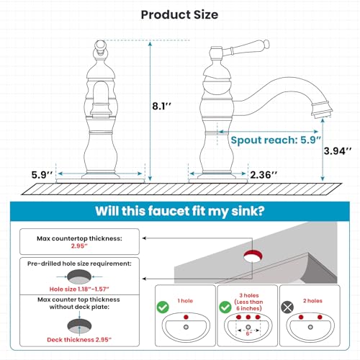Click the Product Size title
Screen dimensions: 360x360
pyautogui.click(x=179, y=14)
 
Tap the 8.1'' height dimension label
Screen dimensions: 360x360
pyautogui.click(x=162, y=106)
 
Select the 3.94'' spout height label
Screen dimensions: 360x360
pyautogui.click(x=338, y=151)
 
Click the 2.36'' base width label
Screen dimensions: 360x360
pyautogui.click(x=264, y=175)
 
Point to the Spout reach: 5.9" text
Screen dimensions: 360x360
pyautogui.click(x=276, y=140)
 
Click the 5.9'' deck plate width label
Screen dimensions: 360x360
pyautogui.click(x=42, y=175)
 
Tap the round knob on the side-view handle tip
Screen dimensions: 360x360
pyautogui.click(x=266, y=44)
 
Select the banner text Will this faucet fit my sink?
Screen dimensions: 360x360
pyautogui.click(x=180, y=211)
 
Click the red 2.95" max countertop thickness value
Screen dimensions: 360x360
pyautogui.click(x=79, y=246)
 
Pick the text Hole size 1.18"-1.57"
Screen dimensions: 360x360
pyautogui.click(x=79, y=289)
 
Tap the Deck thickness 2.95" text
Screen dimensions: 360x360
pyautogui.click(x=79, y=340)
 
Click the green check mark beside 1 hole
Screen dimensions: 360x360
pyautogui.click(x=163, y=307)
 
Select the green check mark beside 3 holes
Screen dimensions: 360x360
pyautogui.click(x=225, y=307)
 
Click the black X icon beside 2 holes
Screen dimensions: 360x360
pyautogui.click(x=287, y=307)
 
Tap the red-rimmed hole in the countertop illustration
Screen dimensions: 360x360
pyautogui.click(x=253, y=256)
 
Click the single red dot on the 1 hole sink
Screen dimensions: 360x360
pyautogui.click(x=186, y=317)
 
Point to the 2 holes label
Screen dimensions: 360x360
pyautogui.click(x=312, y=301)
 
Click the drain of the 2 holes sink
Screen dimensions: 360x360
pyautogui.click(x=310, y=327)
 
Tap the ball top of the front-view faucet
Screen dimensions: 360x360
pyautogui.click(x=100, y=45)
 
